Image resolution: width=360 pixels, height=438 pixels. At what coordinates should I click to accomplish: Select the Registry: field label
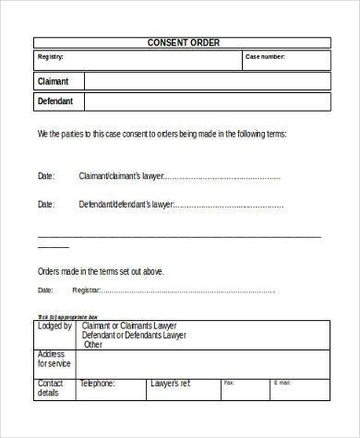pos(50,57)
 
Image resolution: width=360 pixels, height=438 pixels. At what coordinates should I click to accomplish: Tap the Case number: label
pos(265,57)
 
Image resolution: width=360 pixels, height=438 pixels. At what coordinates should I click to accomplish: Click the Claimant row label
pos(53,81)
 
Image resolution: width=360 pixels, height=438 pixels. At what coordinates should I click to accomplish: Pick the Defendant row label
pos(55,101)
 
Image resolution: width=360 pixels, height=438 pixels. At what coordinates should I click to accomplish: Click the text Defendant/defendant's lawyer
pos(126,204)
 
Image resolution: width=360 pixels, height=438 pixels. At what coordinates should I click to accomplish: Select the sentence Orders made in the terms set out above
pos(101,272)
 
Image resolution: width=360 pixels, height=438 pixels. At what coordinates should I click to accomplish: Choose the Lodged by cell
pos(55,326)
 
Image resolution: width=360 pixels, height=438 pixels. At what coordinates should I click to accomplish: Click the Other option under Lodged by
pos(93,345)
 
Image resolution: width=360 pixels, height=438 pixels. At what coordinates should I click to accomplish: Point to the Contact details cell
pos(52,387)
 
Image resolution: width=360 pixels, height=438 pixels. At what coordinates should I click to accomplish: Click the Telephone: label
pos(97,383)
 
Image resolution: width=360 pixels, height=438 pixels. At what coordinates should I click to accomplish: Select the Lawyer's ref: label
pos(171,383)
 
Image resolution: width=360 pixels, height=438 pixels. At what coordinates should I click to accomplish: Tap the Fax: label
pos(229,382)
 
